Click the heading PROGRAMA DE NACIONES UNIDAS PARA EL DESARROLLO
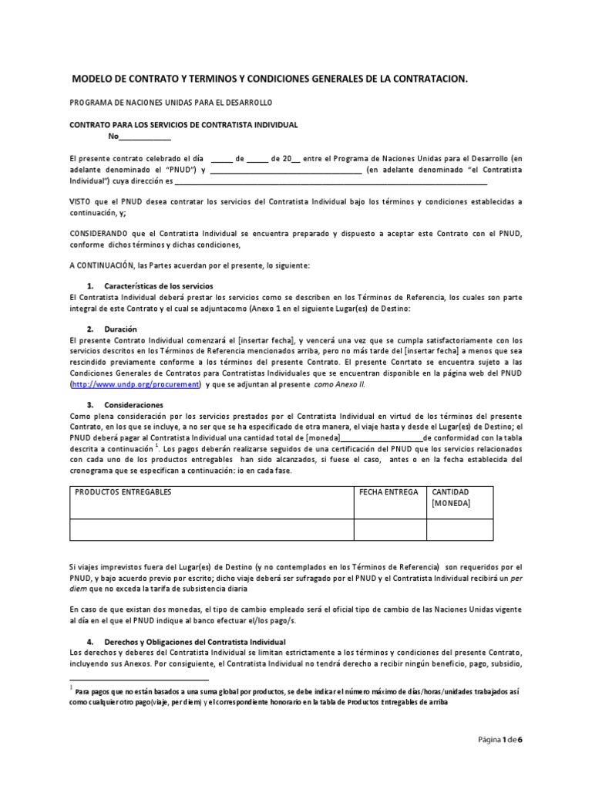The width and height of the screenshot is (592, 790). (170, 102)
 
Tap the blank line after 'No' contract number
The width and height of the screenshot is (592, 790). (145, 137)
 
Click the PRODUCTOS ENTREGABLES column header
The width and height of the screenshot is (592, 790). (123, 491)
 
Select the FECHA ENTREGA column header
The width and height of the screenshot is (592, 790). (389, 491)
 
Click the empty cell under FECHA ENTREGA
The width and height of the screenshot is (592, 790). (389, 529)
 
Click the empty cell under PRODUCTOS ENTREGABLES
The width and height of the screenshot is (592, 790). (211, 529)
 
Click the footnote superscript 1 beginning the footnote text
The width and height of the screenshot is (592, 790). (71, 685)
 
